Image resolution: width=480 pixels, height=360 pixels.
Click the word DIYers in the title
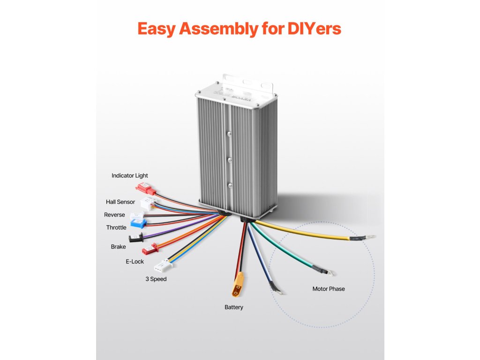coord(312,29)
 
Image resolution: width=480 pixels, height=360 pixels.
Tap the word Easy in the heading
coord(157,29)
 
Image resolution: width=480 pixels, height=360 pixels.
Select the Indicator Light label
coord(130,176)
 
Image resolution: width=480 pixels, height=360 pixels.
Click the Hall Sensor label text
coord(120,202)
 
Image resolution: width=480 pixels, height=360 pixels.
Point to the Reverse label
coord(114,215)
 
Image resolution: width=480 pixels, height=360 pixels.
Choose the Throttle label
coord(116,227)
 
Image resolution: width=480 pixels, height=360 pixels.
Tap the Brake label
coord(118,247)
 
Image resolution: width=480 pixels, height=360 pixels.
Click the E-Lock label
coord(135,262)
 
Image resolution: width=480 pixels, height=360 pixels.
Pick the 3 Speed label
coord(155,279)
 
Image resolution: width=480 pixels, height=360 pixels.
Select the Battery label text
coord(234,307)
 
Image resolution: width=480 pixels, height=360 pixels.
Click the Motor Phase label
coord(329,289)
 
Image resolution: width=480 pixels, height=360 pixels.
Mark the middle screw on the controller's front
coord(229,159)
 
